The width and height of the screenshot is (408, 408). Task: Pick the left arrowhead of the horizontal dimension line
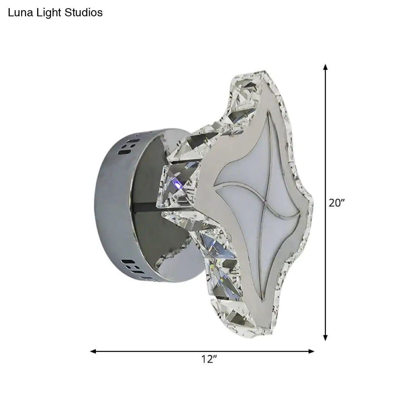[93, 351]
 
